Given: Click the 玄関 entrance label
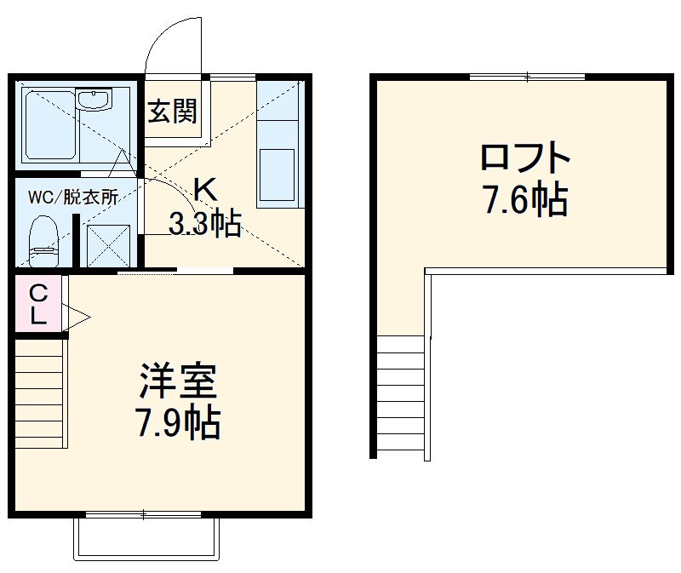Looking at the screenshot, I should (x=174, y=112).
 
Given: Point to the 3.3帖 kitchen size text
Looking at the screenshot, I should (x=204, y=225).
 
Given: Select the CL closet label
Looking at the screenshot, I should (x=37, y=303).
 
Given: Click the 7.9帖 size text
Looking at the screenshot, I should (x=180, y=423).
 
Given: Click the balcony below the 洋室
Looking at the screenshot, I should (x=147, y=539).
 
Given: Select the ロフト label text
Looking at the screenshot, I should (x=524, y=159).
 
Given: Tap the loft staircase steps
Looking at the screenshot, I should (x=400, y=396).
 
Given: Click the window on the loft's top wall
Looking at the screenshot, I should (x=528, y=77).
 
